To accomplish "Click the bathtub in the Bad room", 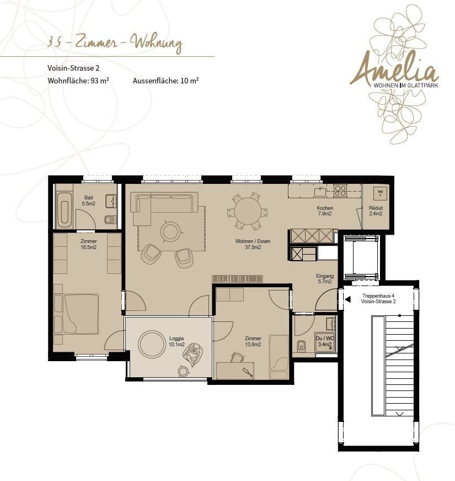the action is [65, 210].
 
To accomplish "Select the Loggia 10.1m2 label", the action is [176, 341].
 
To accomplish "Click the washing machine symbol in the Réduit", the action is [380, 193].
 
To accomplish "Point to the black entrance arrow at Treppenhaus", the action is [347, 299].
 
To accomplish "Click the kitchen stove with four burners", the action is [340, 190].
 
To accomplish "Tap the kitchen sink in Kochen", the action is [320, 191].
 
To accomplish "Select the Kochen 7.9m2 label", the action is [325, 211].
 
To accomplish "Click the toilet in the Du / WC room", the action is [301, 346].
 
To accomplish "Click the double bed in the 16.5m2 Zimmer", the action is [76, 314].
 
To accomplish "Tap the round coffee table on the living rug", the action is [170, 231].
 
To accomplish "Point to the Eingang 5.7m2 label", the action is [325, 278].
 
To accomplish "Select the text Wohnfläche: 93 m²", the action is [78, 81].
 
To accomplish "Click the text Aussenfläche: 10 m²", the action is [166, 81].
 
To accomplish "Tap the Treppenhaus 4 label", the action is [378, 295].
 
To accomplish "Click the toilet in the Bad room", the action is [109, 220].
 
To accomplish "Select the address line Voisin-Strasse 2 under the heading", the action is [73, 68].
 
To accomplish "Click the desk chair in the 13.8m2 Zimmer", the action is [237, 357].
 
